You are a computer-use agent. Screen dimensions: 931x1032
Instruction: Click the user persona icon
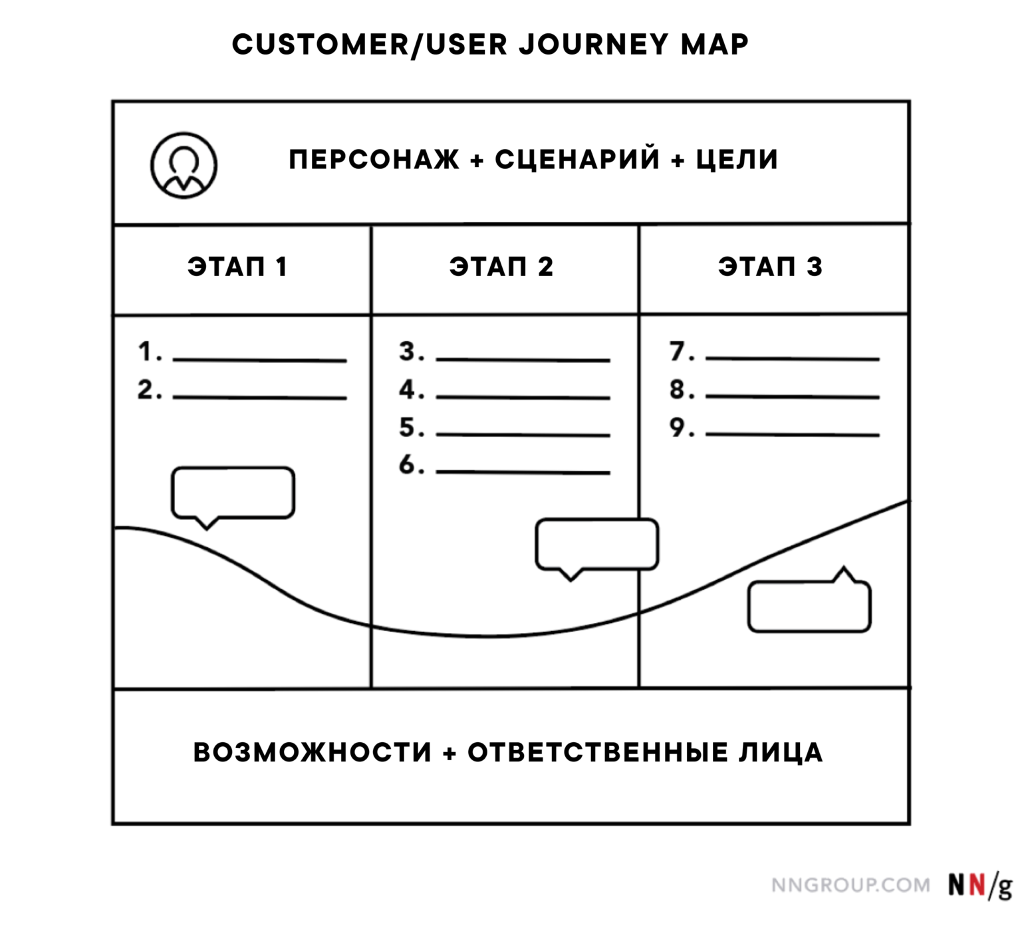[x=184, y=165]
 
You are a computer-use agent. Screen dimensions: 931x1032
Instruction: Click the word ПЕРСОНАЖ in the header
[x=374, y=160]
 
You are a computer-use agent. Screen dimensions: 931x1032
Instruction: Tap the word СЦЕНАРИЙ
[x=577, y=160]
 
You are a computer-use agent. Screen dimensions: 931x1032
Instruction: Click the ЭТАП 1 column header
[x=237, y=267]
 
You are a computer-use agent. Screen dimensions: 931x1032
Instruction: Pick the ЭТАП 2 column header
[x=501, y=267]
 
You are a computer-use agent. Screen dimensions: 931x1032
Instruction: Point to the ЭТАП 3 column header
[x=770, y=267]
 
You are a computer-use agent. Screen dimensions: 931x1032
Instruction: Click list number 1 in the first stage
[x=147, y=352]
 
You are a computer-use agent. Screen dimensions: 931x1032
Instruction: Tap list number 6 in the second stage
[x=409, y=465]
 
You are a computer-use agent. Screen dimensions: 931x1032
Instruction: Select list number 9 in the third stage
[x=679, y=428]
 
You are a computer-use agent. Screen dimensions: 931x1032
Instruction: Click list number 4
[x=409, y=390]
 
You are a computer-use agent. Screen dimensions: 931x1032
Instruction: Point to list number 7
[x=679, y=352]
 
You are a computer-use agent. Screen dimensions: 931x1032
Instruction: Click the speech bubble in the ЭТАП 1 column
[x=233, y=493]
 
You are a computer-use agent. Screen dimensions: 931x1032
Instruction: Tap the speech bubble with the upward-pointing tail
[x=809, y=606]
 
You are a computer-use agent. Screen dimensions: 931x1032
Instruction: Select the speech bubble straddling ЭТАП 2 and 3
[x=596, y=545]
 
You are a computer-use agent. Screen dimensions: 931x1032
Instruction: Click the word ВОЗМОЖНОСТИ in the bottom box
[x=313, y=753]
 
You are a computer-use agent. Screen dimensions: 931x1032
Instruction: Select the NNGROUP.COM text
[x=850, y=885]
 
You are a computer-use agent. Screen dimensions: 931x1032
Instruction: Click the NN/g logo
[x=979, y=885]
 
